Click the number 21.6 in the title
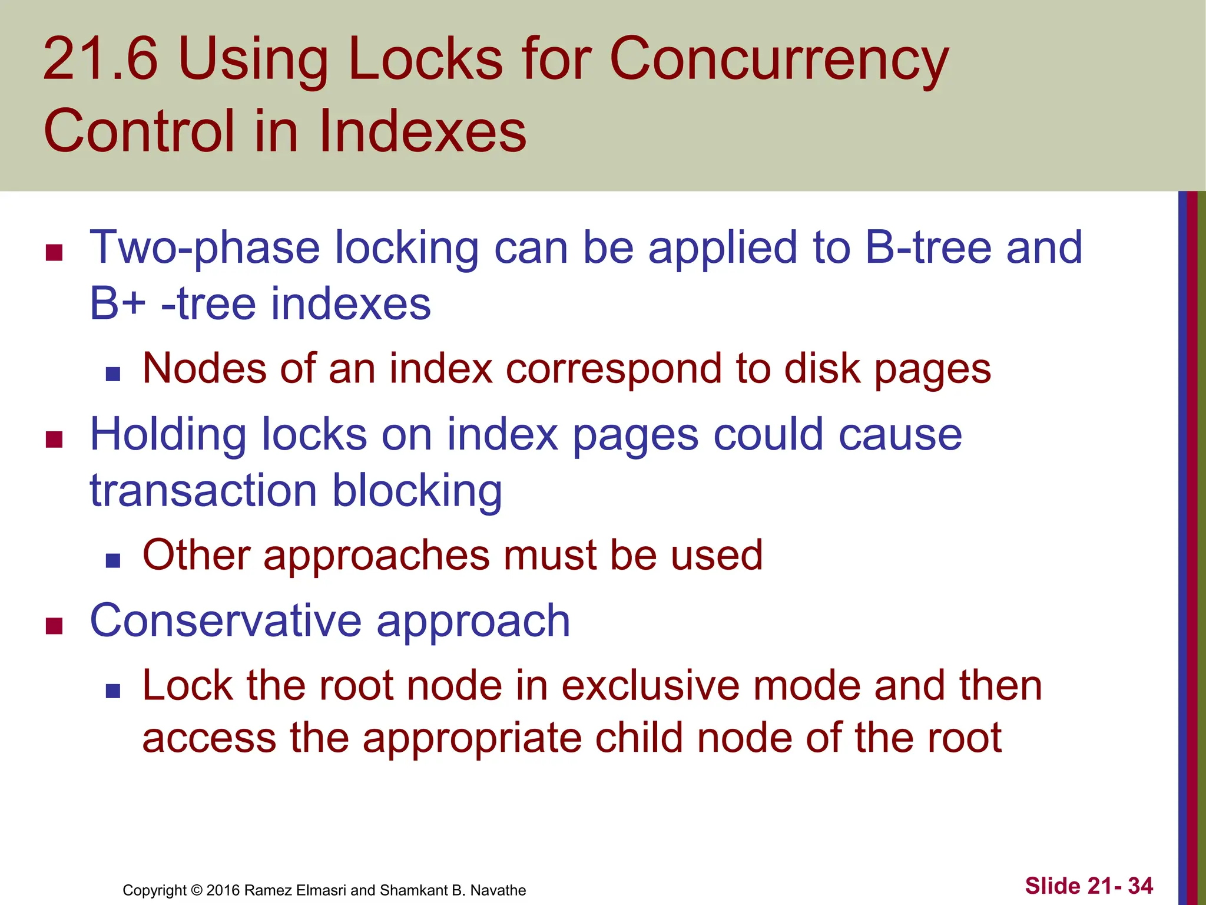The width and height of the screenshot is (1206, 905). pyautogui.click(x=101, y=59)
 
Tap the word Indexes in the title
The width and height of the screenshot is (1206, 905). pyautogui.click(x=422, y=131)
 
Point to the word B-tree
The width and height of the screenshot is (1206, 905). pyautogui.click(x=927, y=247)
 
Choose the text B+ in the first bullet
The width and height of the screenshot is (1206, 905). pyautogui.click(x=117, y=304)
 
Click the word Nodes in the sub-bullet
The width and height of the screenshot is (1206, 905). pyautogui.click(x=204, y=369)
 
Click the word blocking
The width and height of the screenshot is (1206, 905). pyautogui.click(x=417, y=491)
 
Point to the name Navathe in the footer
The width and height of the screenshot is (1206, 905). pyautogui.click(x=498, y=890)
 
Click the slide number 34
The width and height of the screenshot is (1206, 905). pyautogui.click(x=1141, y=886)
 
